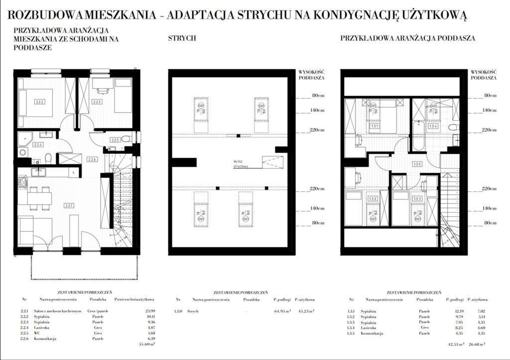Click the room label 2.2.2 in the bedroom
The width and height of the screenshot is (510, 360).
pos(40,102)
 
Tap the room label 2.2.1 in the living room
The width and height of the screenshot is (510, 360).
pos(68,205)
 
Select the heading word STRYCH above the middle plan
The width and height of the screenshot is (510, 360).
pos(182,38)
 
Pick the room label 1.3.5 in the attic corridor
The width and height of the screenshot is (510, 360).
pos(417,164)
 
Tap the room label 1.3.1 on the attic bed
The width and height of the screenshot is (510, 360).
pos(375,126)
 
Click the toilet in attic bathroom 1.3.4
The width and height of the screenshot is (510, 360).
pos(453,128)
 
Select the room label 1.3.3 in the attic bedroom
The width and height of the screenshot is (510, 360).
pos(416,199)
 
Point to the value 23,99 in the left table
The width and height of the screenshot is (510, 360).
pos(149,311)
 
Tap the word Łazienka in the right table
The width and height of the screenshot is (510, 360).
pos(369,327)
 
